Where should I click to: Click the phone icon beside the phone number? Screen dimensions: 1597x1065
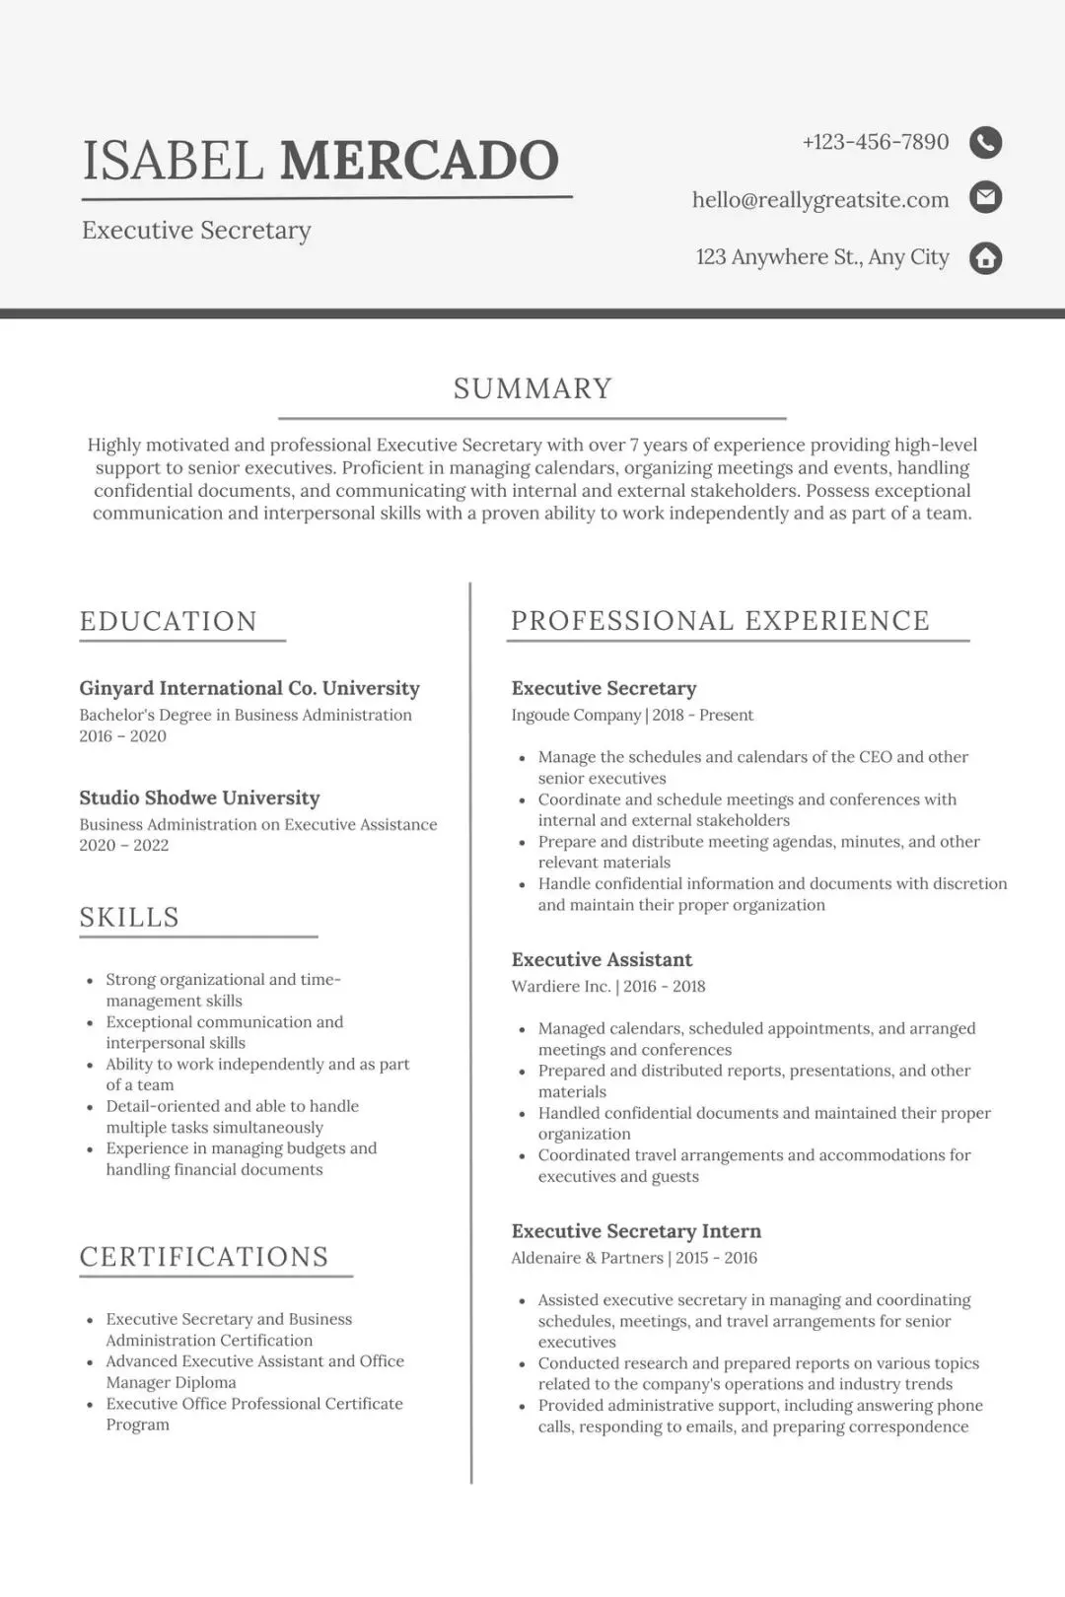coord(985,143)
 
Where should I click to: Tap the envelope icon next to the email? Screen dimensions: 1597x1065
coord(985,198)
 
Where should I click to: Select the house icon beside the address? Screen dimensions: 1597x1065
coord(985,258)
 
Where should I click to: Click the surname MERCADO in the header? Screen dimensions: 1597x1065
coord(419,161)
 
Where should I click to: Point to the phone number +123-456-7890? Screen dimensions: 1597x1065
coord(875,142)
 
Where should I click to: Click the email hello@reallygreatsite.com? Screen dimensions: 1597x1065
coord(819,200)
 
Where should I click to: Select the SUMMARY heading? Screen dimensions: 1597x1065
coord(532,388)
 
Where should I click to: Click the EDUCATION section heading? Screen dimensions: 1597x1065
coord(169,621)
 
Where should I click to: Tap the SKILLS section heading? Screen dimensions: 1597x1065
coord(129,917)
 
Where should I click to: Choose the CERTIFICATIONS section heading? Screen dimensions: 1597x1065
coord(204,1257)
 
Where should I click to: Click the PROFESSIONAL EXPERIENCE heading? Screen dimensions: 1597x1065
coord(720,620)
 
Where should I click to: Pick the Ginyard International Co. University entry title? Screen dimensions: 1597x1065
coord(249,688)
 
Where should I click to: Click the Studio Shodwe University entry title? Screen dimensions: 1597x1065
coord(199,798)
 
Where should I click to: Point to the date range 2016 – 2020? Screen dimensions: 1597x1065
coord(122,736)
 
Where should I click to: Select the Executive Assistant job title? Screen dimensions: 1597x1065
coord(602,959)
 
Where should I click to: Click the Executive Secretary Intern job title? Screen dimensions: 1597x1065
coord(636,1230)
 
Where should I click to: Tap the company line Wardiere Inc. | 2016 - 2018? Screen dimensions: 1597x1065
coord(607,986)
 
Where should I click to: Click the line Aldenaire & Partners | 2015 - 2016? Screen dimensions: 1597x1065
coord(634,1258)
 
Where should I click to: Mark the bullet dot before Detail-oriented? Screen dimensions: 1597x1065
coord(90,1107)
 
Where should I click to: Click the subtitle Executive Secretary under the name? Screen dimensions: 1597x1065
coord(196,231)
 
